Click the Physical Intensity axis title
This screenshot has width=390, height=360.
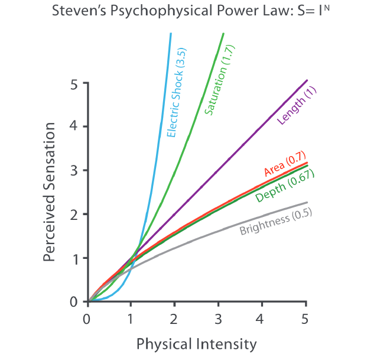coord(197,344)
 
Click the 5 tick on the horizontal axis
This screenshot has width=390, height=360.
coord(305,319)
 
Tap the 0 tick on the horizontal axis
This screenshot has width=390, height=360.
coord(87,319)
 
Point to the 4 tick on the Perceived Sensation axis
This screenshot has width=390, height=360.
coord(74,127)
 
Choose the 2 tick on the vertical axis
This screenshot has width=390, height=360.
coord(74,214)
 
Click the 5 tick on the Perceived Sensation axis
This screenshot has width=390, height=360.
coord(74,83)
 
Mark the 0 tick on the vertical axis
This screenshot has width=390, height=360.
coord(74,302)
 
